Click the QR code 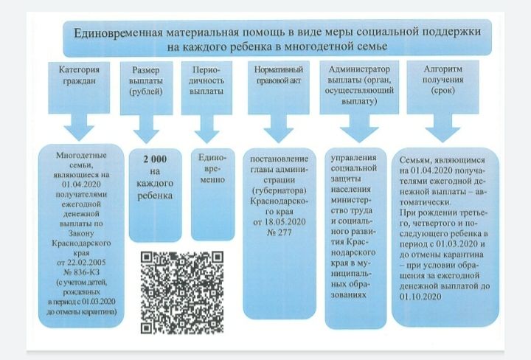182,293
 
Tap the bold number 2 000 155,159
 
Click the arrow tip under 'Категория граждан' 79,141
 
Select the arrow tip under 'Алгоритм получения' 442,142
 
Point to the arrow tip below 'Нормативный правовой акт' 278,142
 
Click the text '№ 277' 279,232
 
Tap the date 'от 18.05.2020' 280,222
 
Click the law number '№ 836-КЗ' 81,272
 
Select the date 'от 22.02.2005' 81,263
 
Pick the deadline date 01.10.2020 420,297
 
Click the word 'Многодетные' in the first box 81,156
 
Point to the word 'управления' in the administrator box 353,158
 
